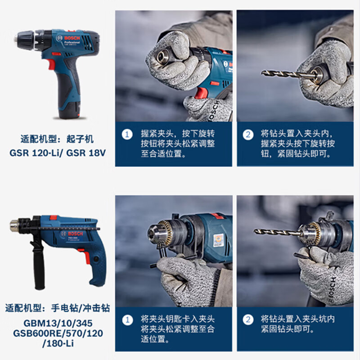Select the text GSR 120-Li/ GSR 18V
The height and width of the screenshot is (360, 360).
(58, 153)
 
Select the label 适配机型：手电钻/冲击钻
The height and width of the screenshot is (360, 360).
(57, 309)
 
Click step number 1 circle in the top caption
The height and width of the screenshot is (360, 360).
(128, 134)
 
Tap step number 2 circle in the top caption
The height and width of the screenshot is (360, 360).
(248, 134)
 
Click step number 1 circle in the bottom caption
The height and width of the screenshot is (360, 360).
(128, 319)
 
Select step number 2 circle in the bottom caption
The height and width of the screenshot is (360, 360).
(248, 319)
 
